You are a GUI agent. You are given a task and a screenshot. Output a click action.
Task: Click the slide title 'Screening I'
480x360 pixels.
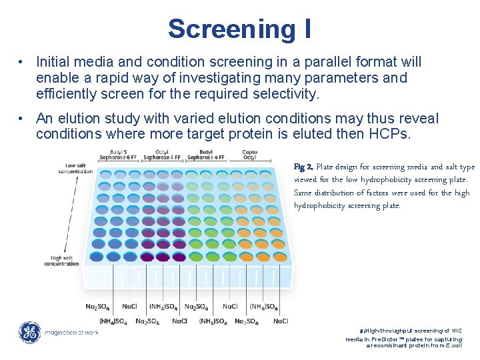(239, 29)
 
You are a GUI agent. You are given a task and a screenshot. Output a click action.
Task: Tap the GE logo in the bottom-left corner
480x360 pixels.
(29, 332)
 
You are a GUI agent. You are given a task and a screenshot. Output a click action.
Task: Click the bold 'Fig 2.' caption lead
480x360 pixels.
(303, 167)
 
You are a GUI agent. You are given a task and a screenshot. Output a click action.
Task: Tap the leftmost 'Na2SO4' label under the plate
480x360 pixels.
(99, 307)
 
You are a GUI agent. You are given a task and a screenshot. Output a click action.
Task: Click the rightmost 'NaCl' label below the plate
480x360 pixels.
(280, 321)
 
